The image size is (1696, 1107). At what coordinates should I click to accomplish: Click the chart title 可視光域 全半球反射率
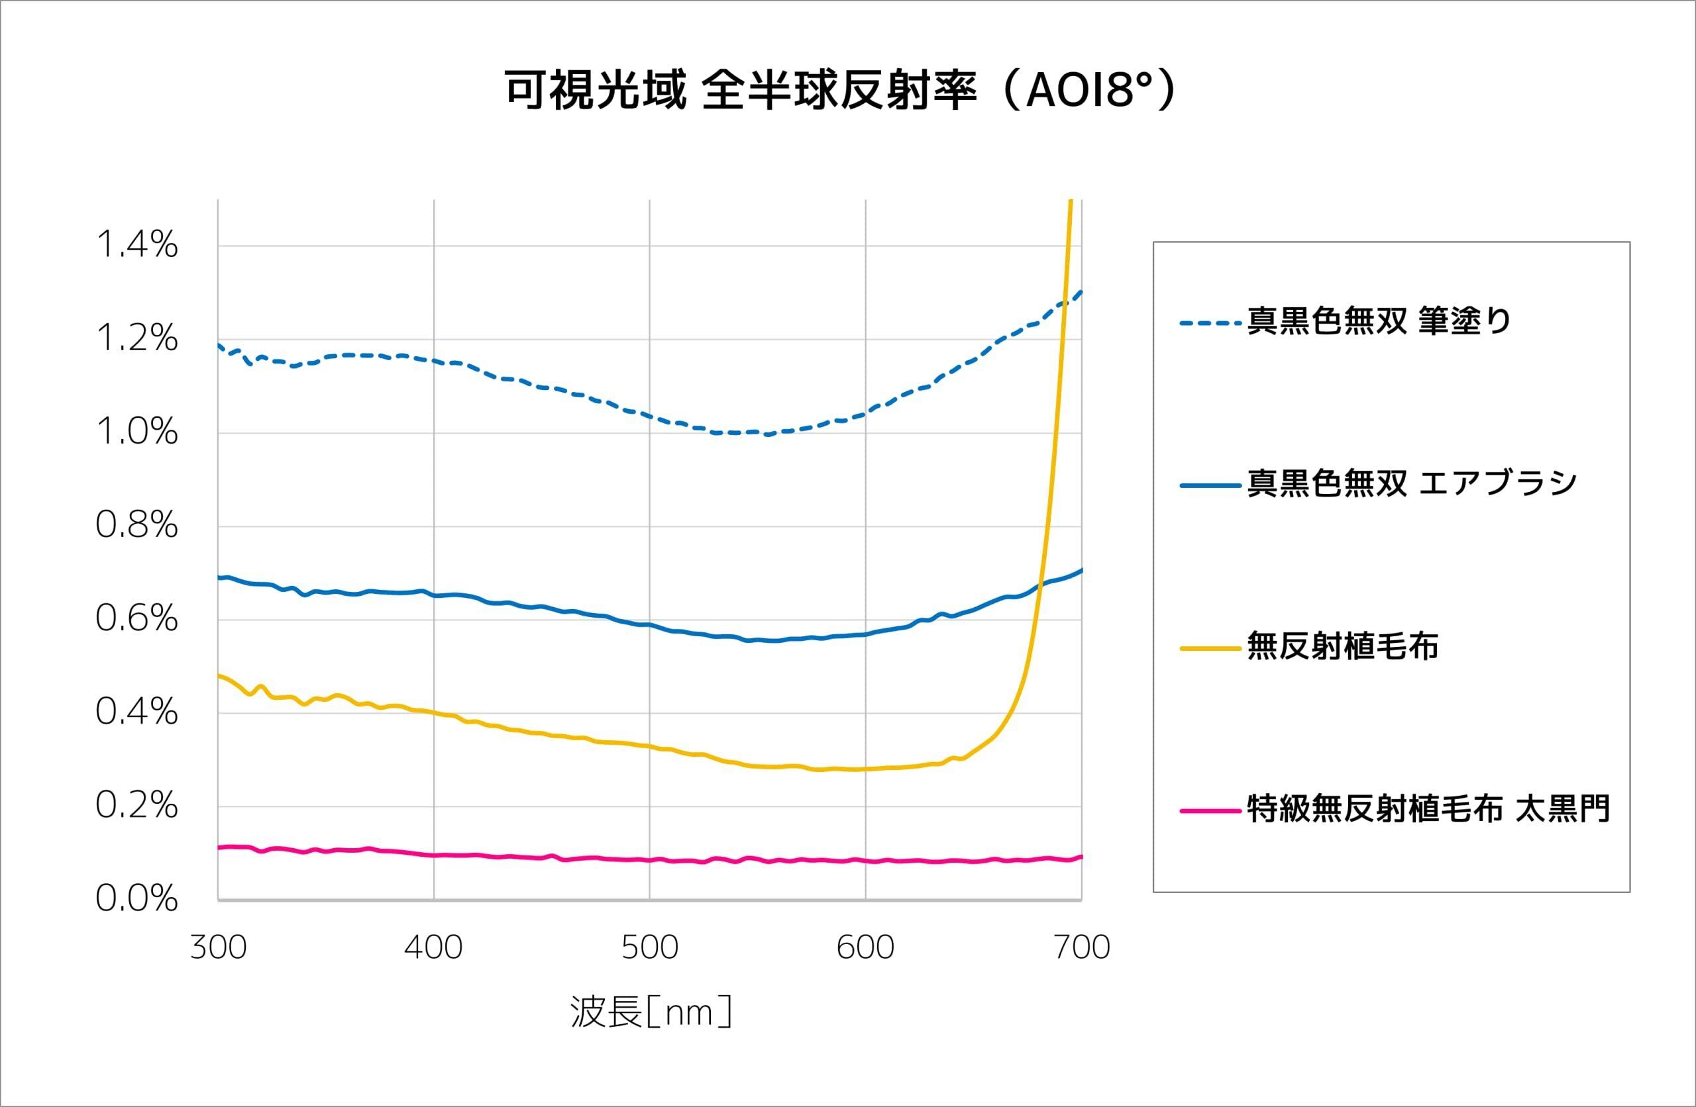pos(841,91)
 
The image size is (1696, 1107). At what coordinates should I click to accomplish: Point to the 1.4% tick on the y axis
pos(137,245)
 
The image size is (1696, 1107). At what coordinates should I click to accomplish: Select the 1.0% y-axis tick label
pos(137,432)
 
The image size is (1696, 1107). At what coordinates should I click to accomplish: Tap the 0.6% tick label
pos(137,618)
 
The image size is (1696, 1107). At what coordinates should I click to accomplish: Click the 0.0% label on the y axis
pos(137,898)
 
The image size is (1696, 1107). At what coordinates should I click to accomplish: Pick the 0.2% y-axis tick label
pos(137,806)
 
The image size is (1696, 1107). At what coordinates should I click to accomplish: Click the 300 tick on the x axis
pos(218,948)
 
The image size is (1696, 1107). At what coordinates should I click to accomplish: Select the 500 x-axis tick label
pos(649,948)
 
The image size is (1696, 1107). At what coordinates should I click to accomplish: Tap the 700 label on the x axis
pos(1081,948)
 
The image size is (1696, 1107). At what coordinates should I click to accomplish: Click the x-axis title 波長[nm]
pos(651,1012)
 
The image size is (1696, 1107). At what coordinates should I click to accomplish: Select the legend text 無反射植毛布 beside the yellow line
pos(1342,647)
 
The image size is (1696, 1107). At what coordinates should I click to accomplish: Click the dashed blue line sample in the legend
pos(1210,323)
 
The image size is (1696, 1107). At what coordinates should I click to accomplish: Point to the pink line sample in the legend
pos(1210,810)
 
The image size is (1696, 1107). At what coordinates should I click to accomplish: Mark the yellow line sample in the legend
pos(1210,648)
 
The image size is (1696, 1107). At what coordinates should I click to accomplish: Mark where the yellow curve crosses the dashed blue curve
pos(1063,304)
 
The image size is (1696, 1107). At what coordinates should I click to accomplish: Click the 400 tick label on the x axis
pos(433,948)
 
